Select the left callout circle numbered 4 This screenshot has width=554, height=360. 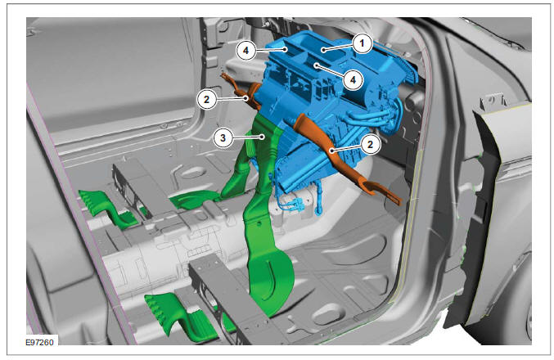point(244,49)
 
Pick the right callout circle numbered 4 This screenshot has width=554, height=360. point(349,79)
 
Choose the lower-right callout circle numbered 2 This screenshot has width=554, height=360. point(371,145)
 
